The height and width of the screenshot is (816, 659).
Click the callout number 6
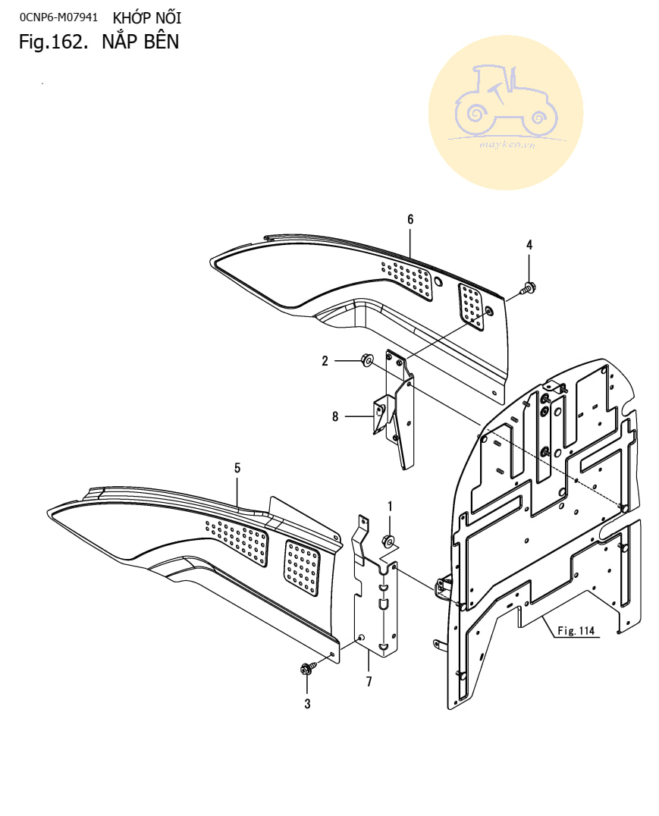(410, 219)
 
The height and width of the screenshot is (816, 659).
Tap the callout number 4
(529, 244)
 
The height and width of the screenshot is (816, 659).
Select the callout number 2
(325, 362)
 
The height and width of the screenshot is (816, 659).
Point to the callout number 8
(335, 416)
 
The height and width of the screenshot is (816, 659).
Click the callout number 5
(237, 468)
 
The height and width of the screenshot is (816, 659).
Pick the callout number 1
(390, 506)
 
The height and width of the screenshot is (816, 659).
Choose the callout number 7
(369, 681)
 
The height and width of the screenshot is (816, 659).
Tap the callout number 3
(307, 703)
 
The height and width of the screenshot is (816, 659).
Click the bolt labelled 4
(527, 288)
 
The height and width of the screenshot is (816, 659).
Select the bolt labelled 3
(307, 669)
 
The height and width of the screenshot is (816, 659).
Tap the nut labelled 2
(366, 360)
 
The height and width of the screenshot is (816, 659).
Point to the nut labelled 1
(386, 541)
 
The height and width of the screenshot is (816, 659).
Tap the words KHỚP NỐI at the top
(147, 17)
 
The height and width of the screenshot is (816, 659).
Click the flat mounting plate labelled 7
(377, 607)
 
